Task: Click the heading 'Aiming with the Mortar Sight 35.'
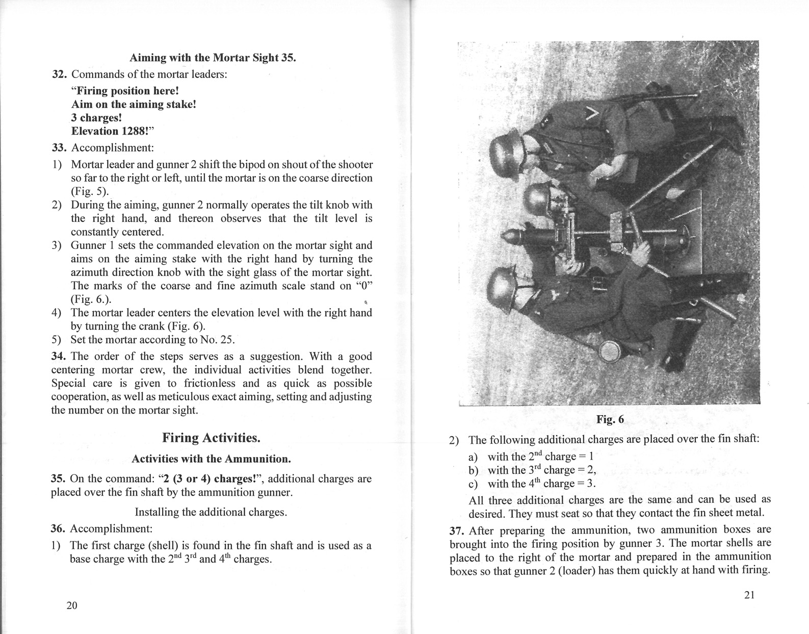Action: [213, 57]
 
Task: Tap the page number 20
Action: [72, 605]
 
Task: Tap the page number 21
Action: [749, 595]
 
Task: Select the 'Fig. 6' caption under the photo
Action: [610, 419]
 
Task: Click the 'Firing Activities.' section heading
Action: [211, 438]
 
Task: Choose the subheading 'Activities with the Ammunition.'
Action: [211, 459]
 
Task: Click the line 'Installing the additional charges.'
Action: [211, 512]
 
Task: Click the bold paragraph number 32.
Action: [60, 74]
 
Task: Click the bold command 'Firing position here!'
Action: [125, 91]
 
